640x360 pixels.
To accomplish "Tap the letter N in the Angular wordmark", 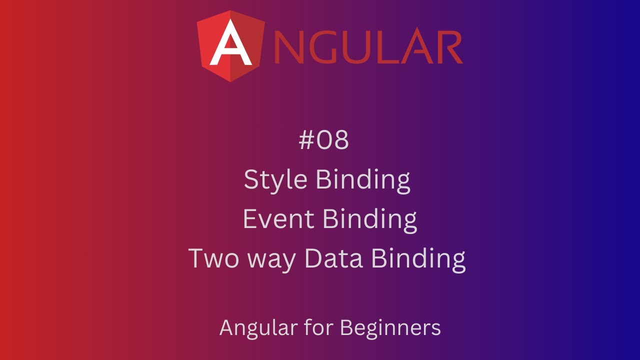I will [x=290, y=48].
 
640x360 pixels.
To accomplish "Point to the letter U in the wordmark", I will [x=361, y=48].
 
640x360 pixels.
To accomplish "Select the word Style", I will [x=276, y=180].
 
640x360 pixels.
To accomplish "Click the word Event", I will [x=278, y=219].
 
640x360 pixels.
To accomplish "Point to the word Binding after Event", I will [x=369, y=219].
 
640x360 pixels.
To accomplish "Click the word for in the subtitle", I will [x=319, y=328].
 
